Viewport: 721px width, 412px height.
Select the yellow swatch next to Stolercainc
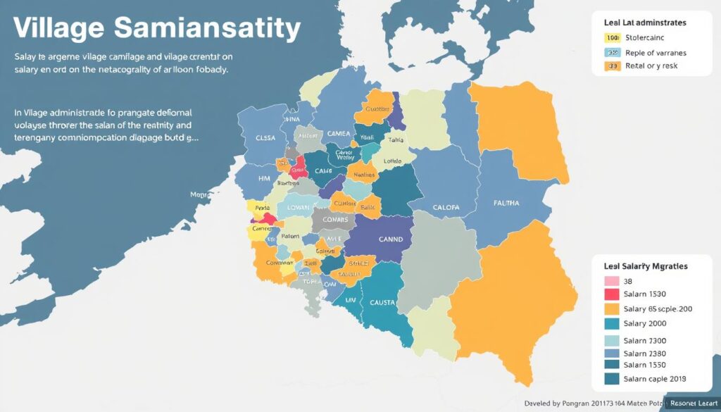point(612,38)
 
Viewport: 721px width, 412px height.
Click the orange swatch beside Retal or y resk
point(612,66)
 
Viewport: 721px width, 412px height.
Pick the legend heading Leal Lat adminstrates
point(645,23)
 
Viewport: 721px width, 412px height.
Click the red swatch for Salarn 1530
point(612,294)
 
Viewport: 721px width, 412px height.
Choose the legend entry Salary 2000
point(645,323)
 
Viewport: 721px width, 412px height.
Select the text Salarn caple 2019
point(655,379)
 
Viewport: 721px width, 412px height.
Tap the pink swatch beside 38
point(612,281)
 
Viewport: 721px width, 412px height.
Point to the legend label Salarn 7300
point(645,341)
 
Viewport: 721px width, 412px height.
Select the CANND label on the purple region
point(391,239)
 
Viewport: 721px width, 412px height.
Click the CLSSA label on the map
point(265,139)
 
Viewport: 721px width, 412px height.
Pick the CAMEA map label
point(339,134)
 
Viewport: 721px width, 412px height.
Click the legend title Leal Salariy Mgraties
point(646,267)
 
